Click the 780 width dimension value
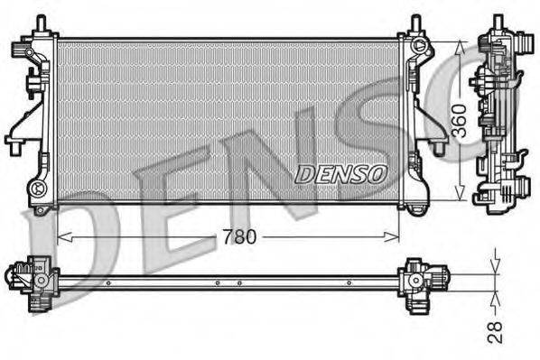(238, 237)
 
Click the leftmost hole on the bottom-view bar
(107, 282)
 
